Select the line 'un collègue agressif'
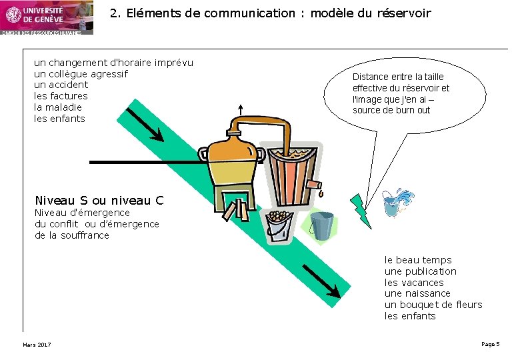81,73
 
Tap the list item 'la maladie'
58,107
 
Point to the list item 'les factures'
61,96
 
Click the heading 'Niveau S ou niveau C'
99,201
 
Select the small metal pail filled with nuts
279,225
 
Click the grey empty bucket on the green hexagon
321,225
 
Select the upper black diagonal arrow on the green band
145,125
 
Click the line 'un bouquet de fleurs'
433,305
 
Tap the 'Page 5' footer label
490,344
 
